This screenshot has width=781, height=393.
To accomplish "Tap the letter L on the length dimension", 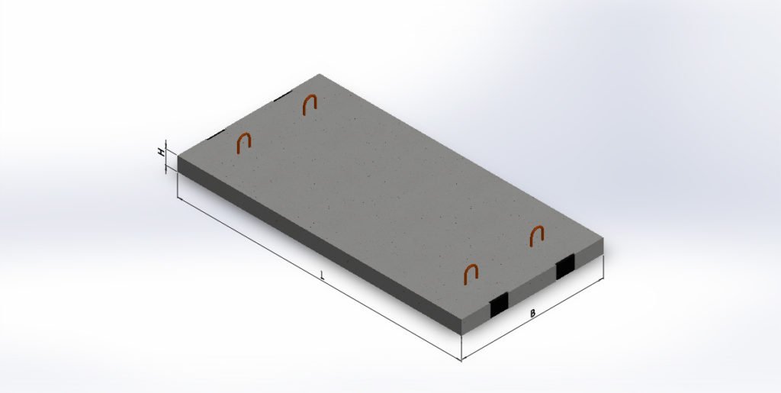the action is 323,275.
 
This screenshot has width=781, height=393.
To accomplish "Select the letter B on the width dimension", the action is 532,314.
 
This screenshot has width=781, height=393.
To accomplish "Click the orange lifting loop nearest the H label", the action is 243,143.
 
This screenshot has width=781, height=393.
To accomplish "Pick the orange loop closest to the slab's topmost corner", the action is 310,104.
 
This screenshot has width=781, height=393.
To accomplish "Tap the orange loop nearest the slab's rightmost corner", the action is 536,236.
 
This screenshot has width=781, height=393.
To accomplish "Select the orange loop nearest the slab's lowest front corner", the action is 471,274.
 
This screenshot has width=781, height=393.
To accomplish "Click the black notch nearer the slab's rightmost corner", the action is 565,266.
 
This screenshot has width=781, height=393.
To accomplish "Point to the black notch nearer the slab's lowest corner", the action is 499,304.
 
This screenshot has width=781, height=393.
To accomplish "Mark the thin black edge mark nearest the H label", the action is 216,134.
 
